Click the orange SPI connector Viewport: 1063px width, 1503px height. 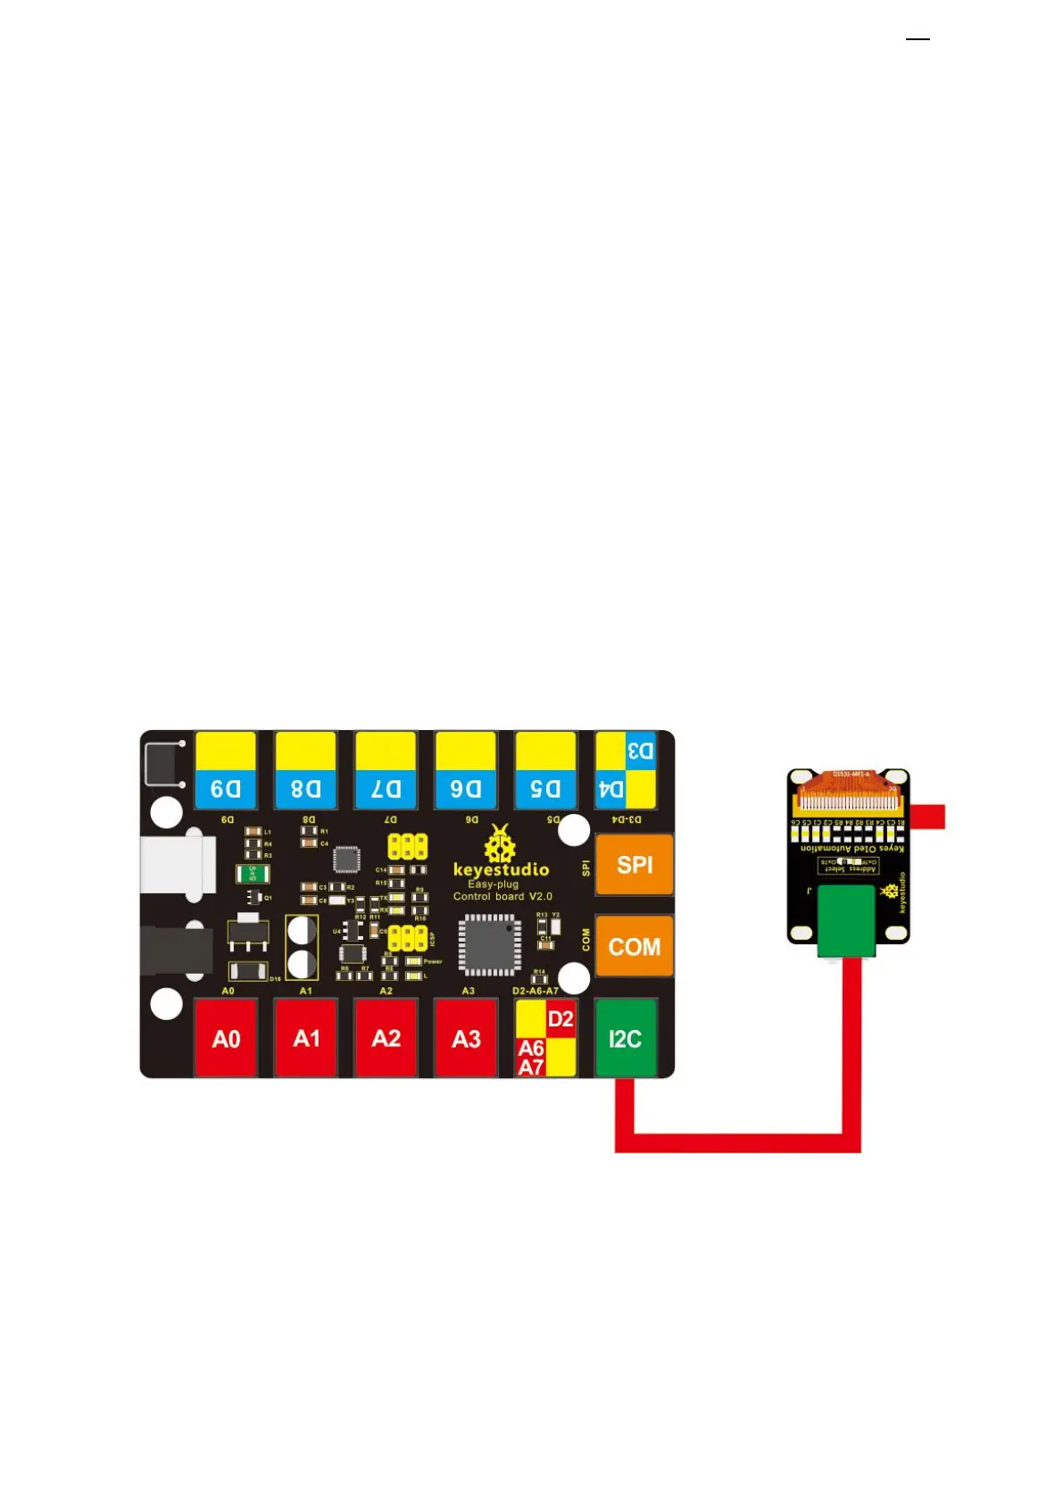pyautogui.click(x=634, y=864)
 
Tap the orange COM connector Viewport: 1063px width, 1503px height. pyautogui.click(x=634, y=946)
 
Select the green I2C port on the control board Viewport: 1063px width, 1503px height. pyautogui.click(x=626, y=1038)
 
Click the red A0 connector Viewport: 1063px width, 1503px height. pyautogui.click(x=226, y=1038)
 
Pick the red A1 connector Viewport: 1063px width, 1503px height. pyautogui.click(x=306, y=1038)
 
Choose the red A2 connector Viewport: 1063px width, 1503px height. pyautogui.click(x=386, y=1038)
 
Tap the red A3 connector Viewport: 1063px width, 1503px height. pyautogui.click(x=466, y=1038)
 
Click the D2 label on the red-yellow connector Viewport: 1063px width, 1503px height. pyautogui.click(x=561, y=1019)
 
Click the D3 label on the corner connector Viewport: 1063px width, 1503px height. pyautogui.click(x=641, y=751)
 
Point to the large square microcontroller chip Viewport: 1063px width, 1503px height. pyautogui.click(x=489, y=944)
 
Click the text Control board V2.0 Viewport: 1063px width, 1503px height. pyautogui.click(x=502, y=896)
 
